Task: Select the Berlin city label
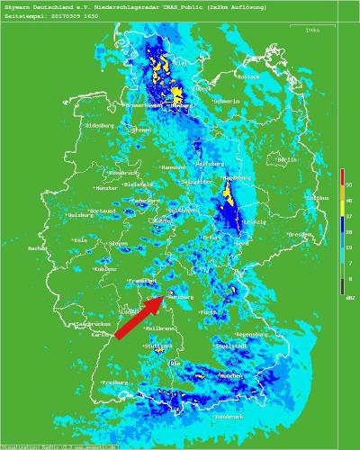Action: tap(287, 159)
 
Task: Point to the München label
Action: tap(232, 374)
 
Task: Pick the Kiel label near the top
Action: tap(179, 64)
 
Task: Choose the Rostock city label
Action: tap(247, 77)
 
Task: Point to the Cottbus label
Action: tap(318, 196)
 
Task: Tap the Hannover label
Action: tap(173, 167)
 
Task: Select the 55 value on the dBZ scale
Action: tap(348, 184)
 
